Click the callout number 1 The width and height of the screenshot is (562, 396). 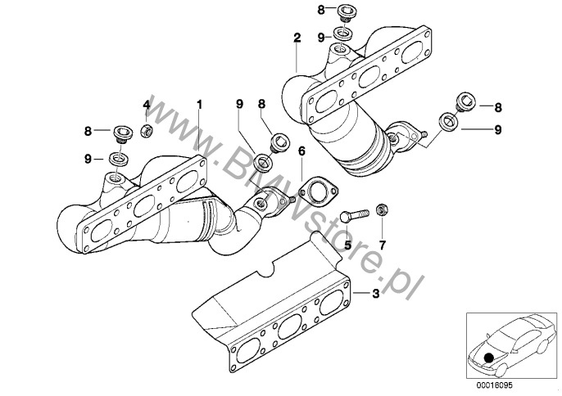click(197, 104)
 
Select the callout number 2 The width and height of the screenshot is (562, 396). click(297, 38)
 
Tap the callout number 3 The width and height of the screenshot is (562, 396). click(376, 293)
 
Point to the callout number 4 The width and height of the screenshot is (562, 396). click(147, 105)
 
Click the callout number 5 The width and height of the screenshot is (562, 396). click(347, 244)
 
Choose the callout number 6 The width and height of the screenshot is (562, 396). click(301, 151)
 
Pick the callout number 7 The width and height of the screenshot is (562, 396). click(381, 244)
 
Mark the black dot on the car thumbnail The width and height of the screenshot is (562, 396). click(489, 357)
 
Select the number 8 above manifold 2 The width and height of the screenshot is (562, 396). click(322, 10)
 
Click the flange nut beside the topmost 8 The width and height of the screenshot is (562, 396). click(347, 11)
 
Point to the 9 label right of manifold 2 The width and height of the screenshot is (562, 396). click(497, 128)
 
